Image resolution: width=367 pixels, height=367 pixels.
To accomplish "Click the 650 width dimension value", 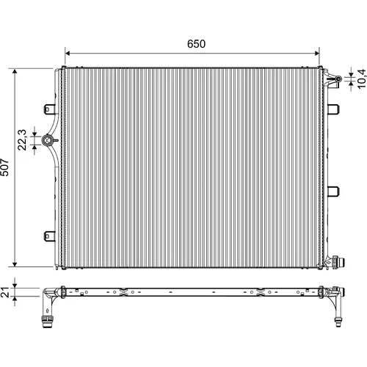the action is point(196,44).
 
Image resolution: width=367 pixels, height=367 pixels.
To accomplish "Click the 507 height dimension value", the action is point(4,167).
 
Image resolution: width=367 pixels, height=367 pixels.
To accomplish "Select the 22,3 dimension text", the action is point(22,139).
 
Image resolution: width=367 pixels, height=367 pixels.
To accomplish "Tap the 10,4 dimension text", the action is point(362,79).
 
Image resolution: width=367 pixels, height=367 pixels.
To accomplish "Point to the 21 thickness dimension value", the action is point(4,292).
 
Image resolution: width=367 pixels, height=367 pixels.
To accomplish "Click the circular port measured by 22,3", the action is point(47,140).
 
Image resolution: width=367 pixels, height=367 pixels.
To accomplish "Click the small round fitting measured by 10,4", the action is point(338,79).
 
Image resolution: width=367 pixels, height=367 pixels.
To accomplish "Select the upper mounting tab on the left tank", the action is point(50,109).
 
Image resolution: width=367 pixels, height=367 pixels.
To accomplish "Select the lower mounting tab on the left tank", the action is point(50,236).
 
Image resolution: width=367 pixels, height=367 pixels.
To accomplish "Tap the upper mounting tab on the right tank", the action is point(333,109).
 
